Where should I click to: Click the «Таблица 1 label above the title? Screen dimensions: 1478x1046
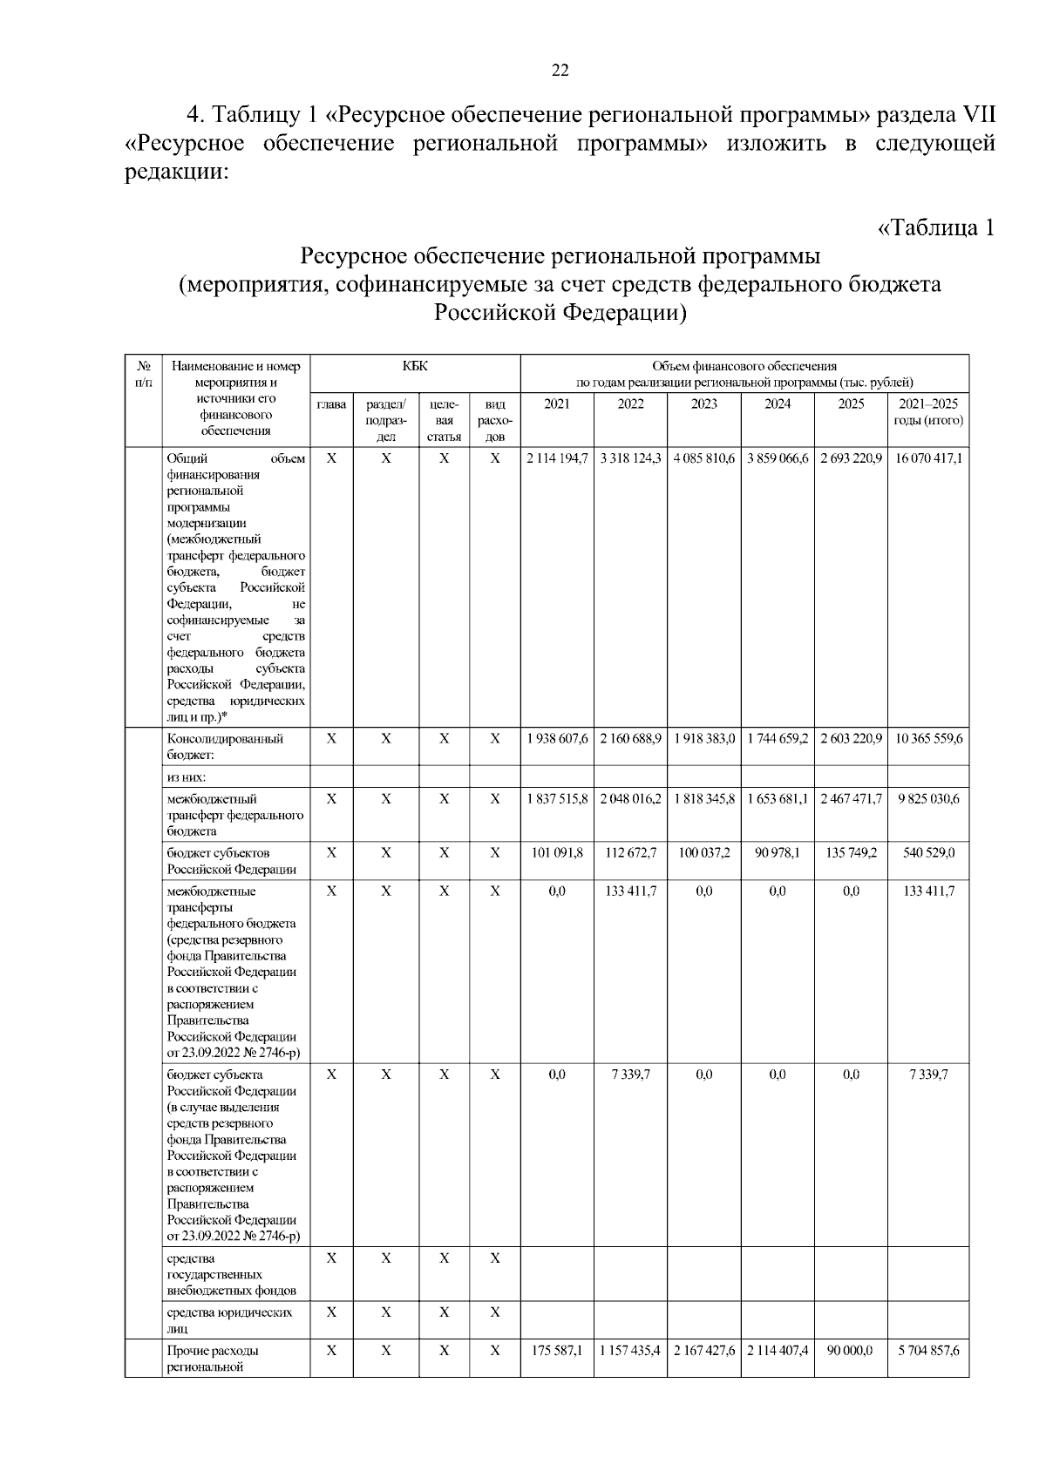(x=934, y=228)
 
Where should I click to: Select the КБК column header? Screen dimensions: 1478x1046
(x=415, y=366)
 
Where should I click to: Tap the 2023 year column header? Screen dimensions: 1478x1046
(x=703, y=404)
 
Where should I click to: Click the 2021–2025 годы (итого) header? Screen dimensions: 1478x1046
(x=927, y=412)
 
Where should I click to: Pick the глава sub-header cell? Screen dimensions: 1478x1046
(x=331, y=404)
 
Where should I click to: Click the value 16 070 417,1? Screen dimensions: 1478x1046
(x=928, y=458)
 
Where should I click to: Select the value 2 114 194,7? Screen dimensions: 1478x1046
(x=557, y=458)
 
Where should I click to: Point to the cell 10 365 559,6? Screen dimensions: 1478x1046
(x=928, y=738)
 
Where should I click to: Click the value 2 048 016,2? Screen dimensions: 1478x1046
(x=630, y=798)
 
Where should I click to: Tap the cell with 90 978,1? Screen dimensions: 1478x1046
(x=777, y=852)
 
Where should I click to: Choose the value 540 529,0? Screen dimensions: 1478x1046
(x=928, y=852)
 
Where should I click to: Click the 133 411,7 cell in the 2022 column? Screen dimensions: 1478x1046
(x=630, y=891)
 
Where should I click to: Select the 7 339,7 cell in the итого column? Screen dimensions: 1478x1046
(x=928, y=1075)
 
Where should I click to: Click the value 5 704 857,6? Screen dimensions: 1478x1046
(x=928, y=1351)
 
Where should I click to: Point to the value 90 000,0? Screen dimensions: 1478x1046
(x=851, y=1351)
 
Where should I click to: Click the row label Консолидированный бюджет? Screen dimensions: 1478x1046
(x=225, y=746)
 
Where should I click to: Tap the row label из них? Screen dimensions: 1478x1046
(x=187, y=776)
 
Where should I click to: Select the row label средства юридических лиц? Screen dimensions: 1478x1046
(x=228, y=1320)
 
